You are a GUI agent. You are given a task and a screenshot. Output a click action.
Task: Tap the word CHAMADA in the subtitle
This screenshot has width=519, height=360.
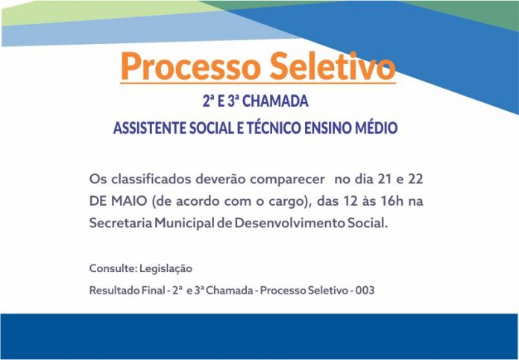click(x=275, y=101)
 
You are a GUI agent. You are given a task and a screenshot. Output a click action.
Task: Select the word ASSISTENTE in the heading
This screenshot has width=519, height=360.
click(x=150, y=128)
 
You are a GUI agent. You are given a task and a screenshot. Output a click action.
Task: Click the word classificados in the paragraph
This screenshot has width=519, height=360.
click(x=151, y=179)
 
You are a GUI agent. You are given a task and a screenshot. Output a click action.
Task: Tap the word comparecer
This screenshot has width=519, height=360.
click(x=287, y=180)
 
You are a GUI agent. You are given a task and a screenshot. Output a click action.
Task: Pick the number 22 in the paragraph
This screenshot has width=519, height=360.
click(x=415, y=179)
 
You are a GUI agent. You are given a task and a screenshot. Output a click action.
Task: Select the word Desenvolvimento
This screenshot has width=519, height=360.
click(x=289, y=223)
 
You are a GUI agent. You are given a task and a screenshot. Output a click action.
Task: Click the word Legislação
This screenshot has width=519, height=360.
click(x=166, y=268)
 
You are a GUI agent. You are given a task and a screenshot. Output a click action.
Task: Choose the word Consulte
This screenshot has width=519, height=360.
click(x=113, y=268)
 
